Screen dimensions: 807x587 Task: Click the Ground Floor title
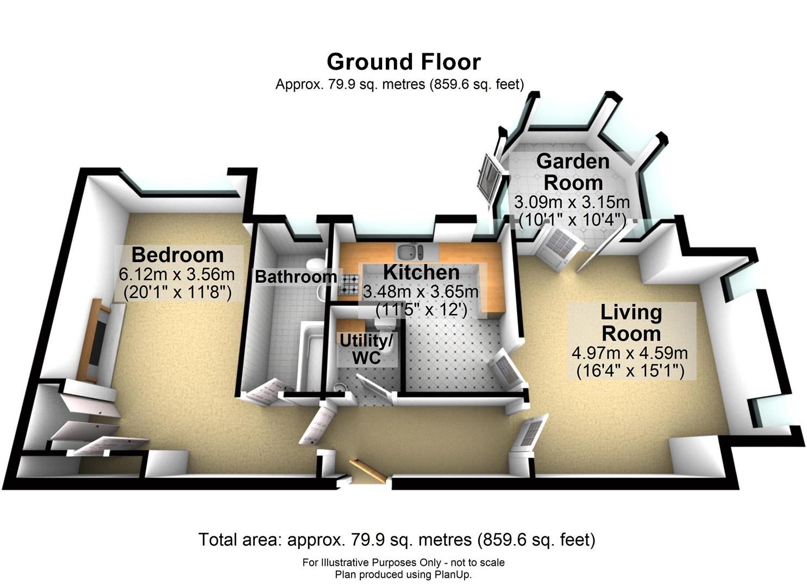(403, 61)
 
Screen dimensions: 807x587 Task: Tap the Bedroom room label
(178, 255)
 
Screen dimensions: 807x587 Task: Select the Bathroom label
(296, 277)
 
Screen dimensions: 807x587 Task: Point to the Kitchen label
(421, 272)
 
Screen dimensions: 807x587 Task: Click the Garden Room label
(573, 172)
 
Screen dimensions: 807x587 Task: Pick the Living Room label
(631, 323)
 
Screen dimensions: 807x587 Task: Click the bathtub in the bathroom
(310, 355)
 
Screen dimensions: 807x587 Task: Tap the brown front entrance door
(368, 470)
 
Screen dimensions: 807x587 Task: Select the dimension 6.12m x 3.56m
(177, 274)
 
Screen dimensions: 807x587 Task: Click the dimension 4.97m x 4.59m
(630, 353)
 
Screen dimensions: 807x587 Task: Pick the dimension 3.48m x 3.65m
(421, 291)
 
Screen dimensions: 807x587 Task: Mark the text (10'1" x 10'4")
(572, 220)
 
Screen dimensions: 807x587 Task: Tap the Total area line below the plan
(397, 540)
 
